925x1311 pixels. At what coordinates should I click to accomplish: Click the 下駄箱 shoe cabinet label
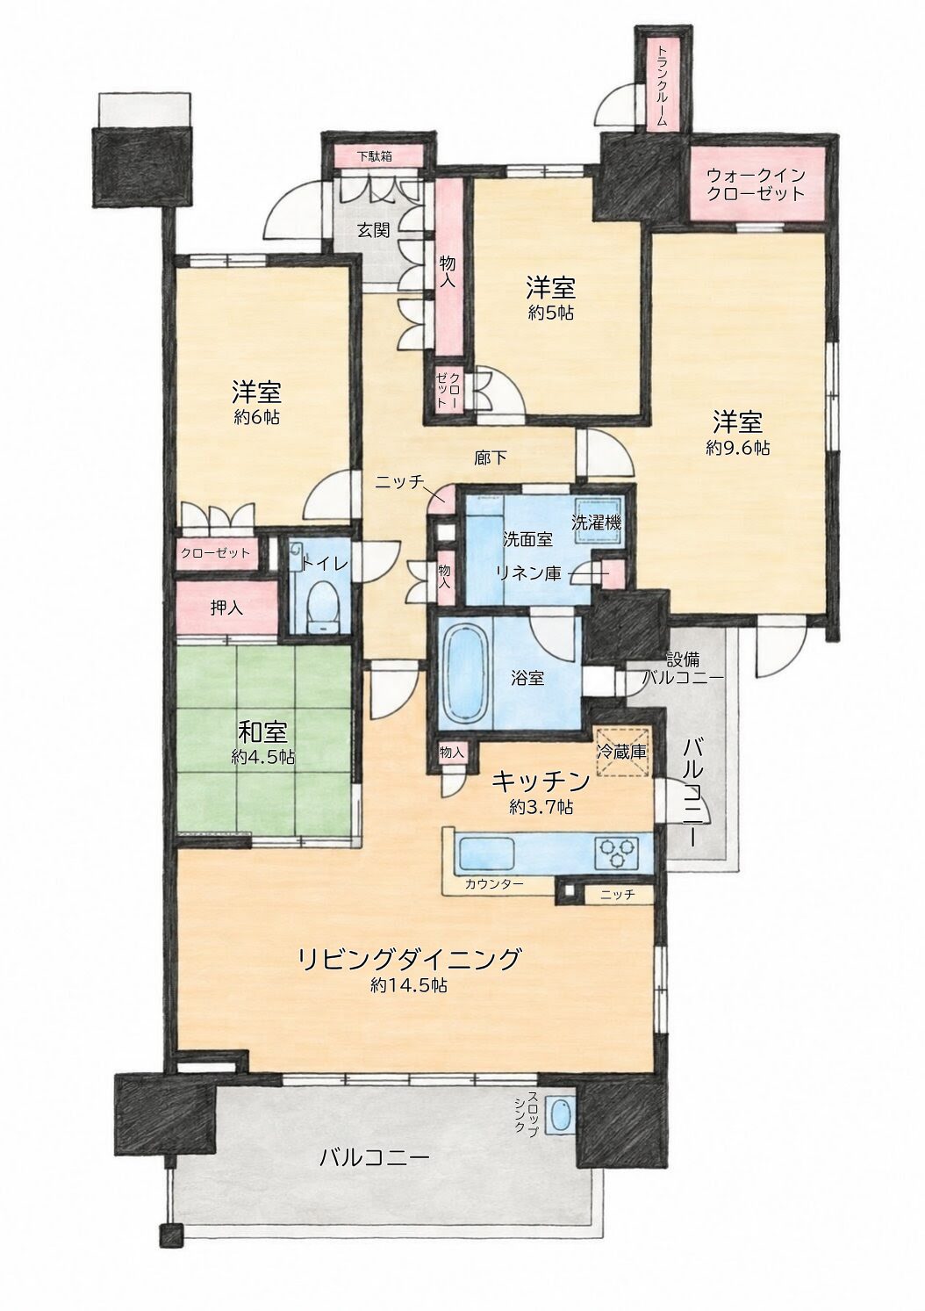(375, 156)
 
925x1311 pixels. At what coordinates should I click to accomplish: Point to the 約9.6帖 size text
(738, 449)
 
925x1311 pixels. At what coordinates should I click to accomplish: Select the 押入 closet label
(227, 609)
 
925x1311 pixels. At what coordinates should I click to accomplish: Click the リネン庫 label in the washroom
(529, 573)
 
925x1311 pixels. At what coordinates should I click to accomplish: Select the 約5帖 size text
(551, 313)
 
